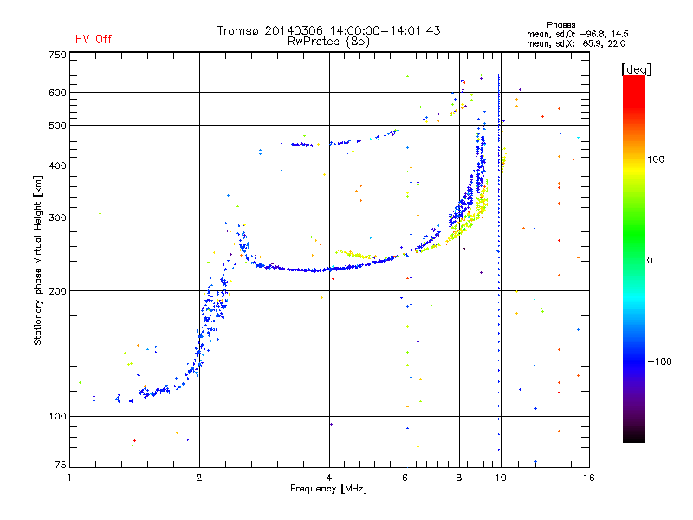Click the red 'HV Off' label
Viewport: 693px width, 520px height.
pyautogui.click(x=94, y=39)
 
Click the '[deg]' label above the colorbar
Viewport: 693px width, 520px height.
pyautogui.click(x=636, y=68)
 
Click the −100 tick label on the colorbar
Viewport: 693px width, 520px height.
pyautogui.click(x=661, y=361)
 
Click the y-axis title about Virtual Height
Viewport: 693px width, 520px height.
pyautogui.click(x=38, y=260)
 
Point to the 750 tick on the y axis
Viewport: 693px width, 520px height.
pyautogui.click(x=57, y=55)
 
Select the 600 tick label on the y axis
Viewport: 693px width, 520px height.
pyautogui.click(x=57, y=93)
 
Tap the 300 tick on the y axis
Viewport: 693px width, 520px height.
pyautogui.click(x=57, y=218)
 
